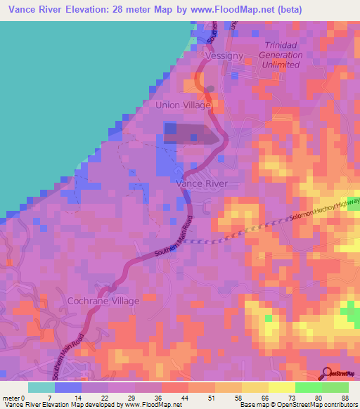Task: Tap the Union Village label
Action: coord(183,105)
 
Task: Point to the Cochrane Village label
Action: coord(103,300)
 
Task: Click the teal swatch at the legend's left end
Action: coord(41,387)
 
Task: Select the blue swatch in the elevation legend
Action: coord(68,387)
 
